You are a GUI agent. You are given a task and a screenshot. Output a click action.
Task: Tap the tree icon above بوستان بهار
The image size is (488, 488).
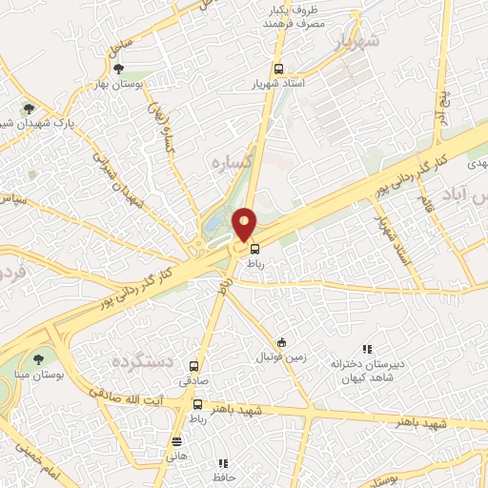point(118,69)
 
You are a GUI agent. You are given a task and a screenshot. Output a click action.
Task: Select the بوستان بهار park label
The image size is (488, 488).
point(118,85)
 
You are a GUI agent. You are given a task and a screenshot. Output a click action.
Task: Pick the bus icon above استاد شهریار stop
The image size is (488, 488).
point(278,69)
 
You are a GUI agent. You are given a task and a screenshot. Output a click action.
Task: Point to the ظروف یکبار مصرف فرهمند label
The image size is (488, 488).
point(293,15)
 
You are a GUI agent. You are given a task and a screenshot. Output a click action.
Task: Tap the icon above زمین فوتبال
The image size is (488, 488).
point(281,342)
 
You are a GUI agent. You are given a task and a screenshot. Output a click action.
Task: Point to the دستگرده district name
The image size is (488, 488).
point(141,361)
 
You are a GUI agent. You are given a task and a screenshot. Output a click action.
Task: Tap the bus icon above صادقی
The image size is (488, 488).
point(194,366)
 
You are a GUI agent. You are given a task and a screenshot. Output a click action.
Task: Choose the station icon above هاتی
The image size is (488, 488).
point(176,441)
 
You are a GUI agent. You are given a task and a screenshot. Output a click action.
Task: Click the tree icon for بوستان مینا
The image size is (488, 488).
point(38,359)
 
